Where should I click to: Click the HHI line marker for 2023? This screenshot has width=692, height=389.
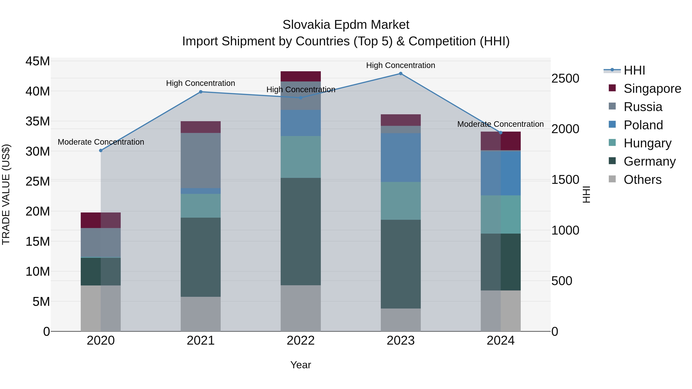tap(401, 74)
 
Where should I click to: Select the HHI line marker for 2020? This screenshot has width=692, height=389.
tap(101, 151)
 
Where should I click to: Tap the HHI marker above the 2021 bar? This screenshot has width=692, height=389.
tap(201, 92)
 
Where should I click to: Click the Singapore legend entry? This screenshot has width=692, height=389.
tap(652, 89)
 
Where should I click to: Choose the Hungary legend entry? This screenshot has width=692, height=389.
tap(647, 143)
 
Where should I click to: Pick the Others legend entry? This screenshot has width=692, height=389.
tap(642, 180)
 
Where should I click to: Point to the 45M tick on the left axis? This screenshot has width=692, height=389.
tap(38, 61)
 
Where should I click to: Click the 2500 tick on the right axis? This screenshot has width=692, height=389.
tap(565, 78)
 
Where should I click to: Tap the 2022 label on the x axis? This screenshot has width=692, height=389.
tap(301, 341)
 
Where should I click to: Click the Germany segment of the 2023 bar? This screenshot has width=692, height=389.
tap(401, 264)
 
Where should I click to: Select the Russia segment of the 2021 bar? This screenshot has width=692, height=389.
tap(201, 161)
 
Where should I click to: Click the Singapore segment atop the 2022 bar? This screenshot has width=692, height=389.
tap(301, 76)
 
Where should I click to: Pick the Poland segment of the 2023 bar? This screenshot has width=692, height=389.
tap(401, 158)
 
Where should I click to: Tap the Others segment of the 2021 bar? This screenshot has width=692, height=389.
tap(201, 314)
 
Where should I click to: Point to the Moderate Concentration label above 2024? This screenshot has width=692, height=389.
tap(500, 124)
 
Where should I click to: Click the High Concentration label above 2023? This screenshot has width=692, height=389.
tap(401, 65)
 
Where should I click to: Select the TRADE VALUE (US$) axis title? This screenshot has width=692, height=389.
tap(6, 194)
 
